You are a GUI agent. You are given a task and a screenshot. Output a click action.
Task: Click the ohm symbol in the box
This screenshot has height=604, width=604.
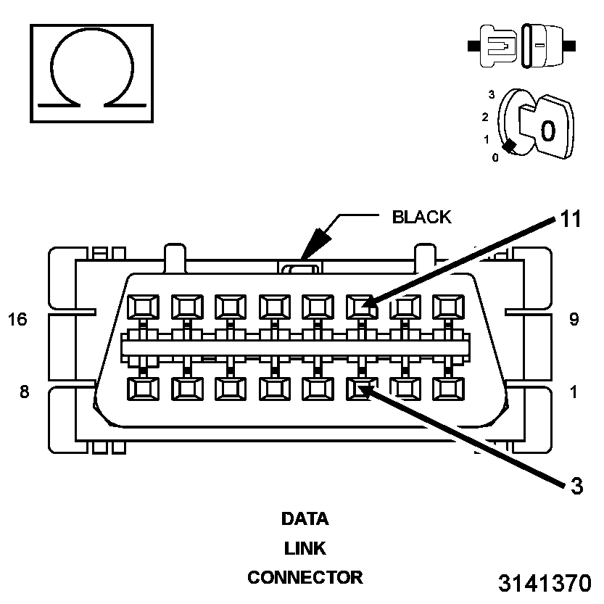coord(91,73)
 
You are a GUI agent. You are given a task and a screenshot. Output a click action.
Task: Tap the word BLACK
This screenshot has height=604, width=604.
coord(421,217)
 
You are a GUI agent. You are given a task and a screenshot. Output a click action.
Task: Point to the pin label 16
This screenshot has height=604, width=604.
coord(17,319)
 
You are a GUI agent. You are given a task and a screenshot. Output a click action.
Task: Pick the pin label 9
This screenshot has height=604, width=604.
coord(574,319)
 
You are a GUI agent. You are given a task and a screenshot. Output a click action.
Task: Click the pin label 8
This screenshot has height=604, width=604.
coord(24,392)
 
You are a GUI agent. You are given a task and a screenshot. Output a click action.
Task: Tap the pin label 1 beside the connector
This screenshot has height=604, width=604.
coord(574,392)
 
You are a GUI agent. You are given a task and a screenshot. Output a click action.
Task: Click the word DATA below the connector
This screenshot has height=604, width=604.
coord(305,519)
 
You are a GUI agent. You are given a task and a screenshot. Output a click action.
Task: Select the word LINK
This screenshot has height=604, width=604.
coord(305,548)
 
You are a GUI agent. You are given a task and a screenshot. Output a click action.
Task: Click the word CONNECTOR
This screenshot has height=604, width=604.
coord(305,578)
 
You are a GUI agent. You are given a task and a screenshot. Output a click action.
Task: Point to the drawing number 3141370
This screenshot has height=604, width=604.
coord(545,584)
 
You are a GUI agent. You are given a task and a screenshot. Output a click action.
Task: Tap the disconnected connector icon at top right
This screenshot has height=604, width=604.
coord(522,46)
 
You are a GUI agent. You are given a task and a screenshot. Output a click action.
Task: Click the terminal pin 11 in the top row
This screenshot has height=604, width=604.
coord(360,307)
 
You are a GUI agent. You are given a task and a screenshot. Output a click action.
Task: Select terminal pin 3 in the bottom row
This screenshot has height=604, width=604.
coord(360,389)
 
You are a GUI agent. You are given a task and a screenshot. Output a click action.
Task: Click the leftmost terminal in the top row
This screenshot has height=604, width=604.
coord(141,307)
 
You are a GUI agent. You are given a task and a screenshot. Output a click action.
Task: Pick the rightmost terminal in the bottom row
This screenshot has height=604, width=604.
coord(447,389)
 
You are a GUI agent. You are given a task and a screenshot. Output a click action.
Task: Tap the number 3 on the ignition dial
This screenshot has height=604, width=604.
coord(492,94)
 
